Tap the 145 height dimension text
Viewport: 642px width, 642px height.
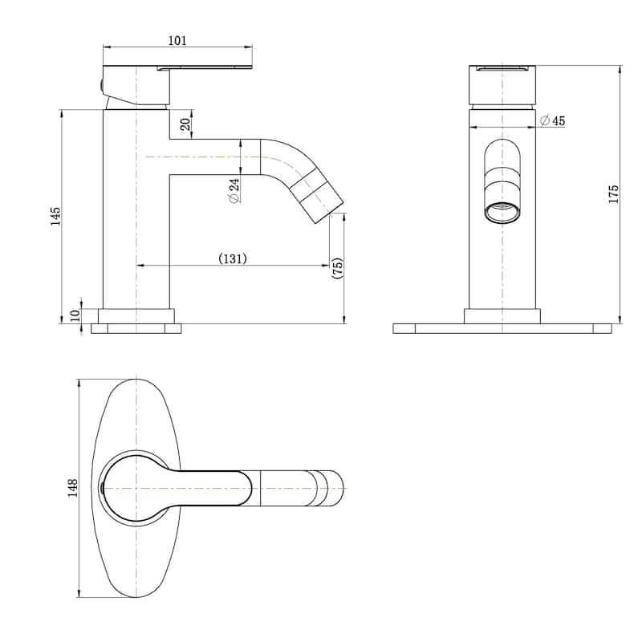point(55,216)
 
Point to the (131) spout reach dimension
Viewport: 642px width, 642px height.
point(232,258)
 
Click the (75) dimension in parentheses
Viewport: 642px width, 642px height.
point(338,268)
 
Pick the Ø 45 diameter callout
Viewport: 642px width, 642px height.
point(553,120)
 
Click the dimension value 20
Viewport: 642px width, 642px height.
point(185,124)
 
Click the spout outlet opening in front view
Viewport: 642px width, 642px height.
point(502,212)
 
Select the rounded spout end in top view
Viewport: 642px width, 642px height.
point(331,488)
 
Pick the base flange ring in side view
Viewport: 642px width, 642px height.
point(136,315)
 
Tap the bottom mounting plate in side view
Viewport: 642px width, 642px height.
point(136,328)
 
